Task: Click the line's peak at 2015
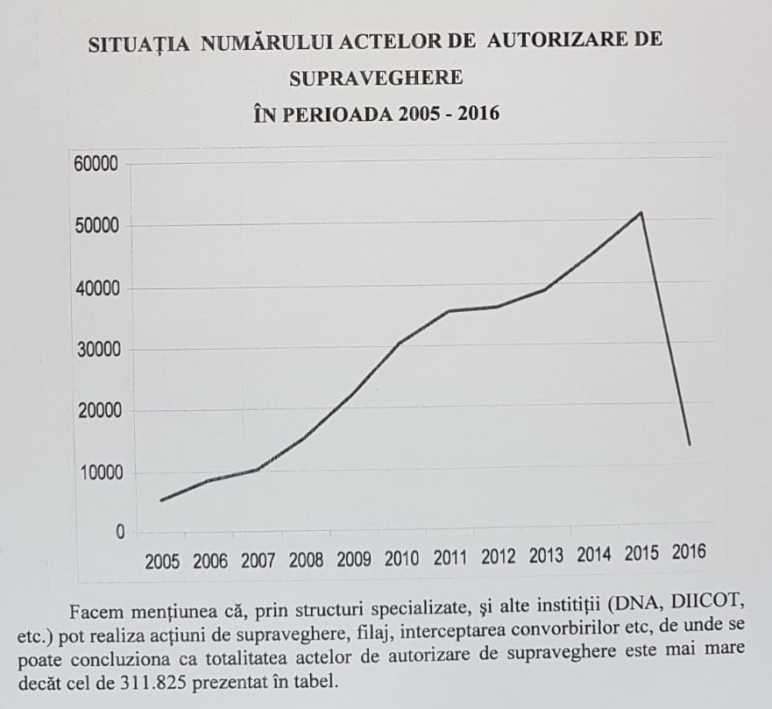tap(641, 212)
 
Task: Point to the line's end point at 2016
tap(689, 444)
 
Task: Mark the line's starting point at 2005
tap(161, 500)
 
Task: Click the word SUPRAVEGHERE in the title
tap(375, 77)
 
